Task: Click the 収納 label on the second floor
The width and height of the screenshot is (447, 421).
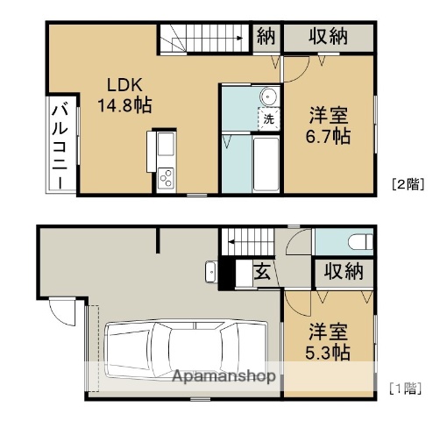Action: [329, 37]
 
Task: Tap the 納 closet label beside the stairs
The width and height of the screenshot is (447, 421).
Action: [266, 37]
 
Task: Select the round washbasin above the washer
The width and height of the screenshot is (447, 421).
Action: [267, 96]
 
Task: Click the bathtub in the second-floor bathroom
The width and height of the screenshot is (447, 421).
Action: [264, 164]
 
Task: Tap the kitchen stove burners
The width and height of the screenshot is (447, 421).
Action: [166, 180]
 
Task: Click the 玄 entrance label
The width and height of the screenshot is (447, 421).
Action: [261, 272]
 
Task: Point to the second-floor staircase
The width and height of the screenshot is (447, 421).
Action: [204, 39]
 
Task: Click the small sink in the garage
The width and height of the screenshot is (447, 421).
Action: [210, 271]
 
